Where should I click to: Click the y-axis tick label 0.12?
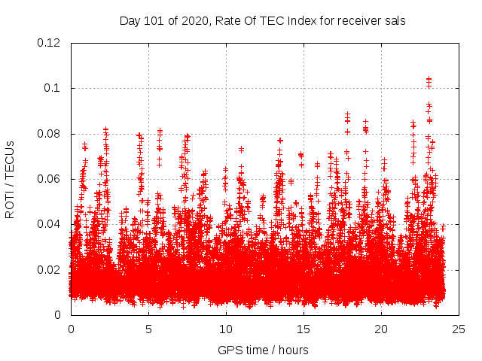50,43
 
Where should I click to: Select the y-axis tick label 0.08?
50,134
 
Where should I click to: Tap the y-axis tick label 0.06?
50,179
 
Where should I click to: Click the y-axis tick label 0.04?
50,224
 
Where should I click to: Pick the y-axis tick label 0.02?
50,269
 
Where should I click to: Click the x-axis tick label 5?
148,329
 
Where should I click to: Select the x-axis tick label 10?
226,329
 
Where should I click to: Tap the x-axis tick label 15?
304,329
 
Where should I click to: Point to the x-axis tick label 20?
381,329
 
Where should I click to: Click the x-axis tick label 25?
459,329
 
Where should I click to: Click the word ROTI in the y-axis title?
11,203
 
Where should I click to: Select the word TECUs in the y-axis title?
11,157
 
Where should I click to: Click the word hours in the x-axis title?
293,350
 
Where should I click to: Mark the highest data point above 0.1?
429,78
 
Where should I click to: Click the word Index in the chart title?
305,20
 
